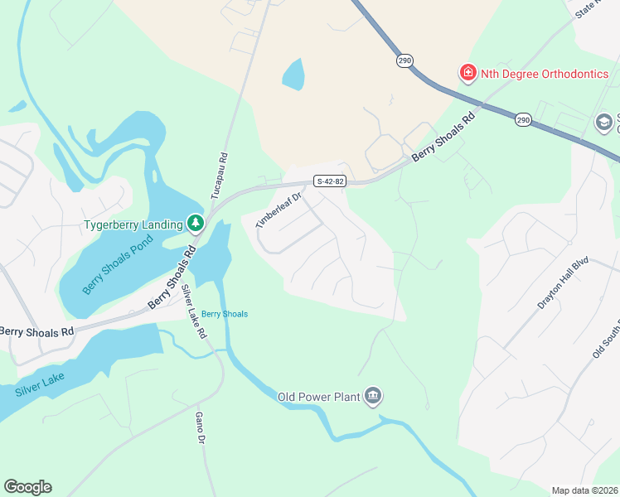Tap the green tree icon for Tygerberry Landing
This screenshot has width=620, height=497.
click(196, 223)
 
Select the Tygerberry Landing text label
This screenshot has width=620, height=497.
click(133, 224)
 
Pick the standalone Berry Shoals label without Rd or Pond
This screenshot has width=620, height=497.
click(225, 314)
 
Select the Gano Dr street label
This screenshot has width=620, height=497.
click(199, 427)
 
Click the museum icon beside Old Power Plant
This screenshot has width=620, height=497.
click(373, 398)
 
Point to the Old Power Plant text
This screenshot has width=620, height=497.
click(318, 398)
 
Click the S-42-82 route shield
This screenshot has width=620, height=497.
click(330, 181)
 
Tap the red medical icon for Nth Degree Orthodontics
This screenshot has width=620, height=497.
click(468, 74)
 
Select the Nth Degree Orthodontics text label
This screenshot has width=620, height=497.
click(545, 74)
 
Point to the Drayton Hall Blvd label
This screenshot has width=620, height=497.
click(561, 282)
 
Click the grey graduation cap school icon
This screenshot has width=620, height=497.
click(605, 123)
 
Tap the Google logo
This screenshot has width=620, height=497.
click(27, 486)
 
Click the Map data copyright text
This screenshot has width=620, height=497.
click(585, 490)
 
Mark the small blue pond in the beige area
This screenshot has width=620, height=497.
click(293, 75)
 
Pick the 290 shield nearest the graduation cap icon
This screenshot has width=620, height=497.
click(522, 120)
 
